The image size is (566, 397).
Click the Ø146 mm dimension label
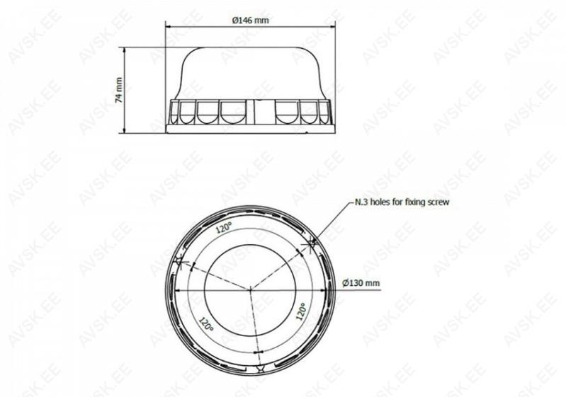pyautogui.click(x=250, y=21)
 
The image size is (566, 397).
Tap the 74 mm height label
pyautogui.click(x=119, y=90)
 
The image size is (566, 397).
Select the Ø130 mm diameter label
pyautogui.click(x=361, y=283)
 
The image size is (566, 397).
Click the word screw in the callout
pyautogui.click(x=438, y=202)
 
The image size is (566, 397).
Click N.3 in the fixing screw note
pyautogui.click(x=362, y=202)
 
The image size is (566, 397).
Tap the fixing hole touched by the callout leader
pyautogui.click(x=312, y=244)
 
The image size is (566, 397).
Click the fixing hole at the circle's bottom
pyautogui.click(x=259, y=368)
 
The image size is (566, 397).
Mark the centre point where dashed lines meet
pyautogui.click(x=251, y=289)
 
